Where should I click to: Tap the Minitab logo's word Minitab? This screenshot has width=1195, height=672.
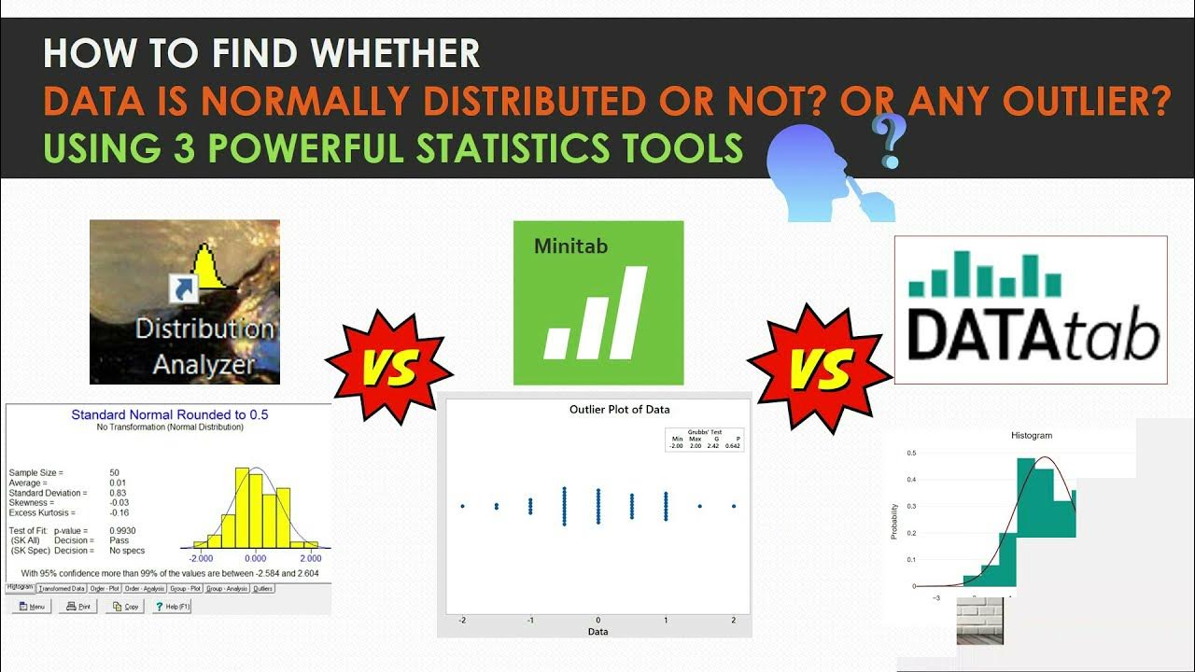(x=569, y=246)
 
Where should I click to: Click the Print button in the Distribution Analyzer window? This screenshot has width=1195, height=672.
(x=78, y=606)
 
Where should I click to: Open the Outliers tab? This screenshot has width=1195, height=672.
(x=262, y=589)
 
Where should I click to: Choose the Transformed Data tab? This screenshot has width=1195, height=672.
(x=62, y=589)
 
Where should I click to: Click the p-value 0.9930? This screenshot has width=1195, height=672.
(x=122, y=530)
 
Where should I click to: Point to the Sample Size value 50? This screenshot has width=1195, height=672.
(x=113, y=473)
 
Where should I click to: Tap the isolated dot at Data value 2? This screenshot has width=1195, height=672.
(x=734, y=506)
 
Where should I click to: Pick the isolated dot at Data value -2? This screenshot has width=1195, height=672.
(x=462, y=506)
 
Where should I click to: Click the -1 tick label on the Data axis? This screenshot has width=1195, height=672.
(x=529, y=620)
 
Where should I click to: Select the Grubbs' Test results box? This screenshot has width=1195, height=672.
(x=704, y=440)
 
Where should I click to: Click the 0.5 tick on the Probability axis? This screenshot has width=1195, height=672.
(x=911, y=454)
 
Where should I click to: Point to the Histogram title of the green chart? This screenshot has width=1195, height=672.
(x=1031, y=436)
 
